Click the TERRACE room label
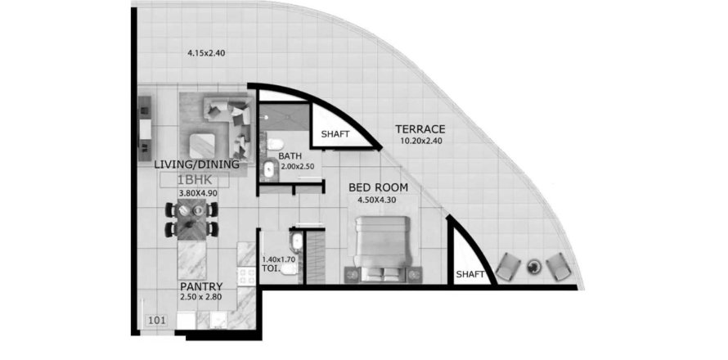420,128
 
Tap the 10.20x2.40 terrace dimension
420,139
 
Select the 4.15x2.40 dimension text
206,53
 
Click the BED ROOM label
379,187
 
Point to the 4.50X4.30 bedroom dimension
376,200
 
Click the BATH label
290,155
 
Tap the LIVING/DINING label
197,164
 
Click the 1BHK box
195,180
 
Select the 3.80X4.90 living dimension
199,192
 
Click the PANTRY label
201,286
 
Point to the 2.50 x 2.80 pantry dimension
201,296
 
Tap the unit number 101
155,320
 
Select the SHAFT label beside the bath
335,134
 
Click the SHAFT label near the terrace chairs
470,275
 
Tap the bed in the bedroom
383,249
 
